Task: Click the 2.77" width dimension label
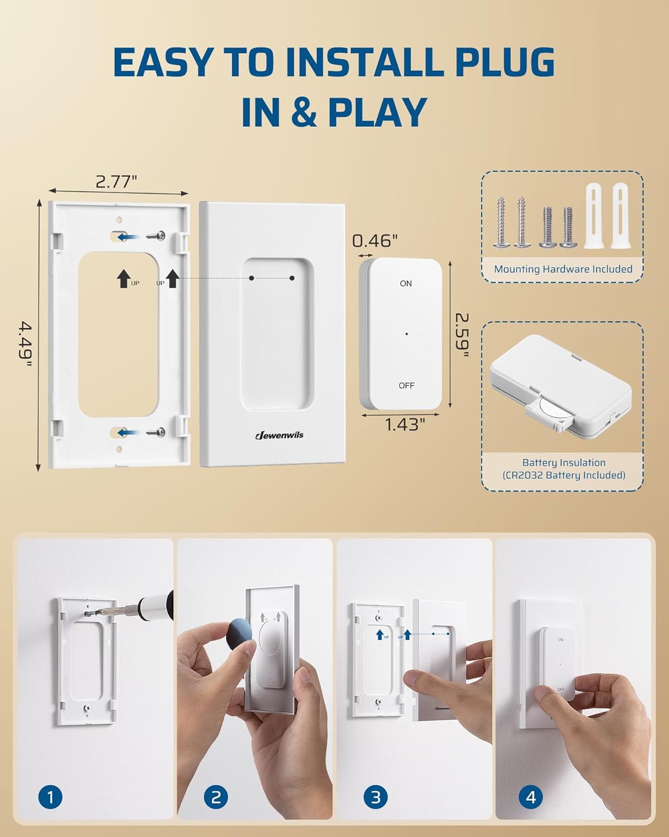[x=116, y=182]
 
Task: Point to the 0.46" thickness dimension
[x=375, y=240]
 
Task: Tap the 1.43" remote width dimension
[x=405, y=425]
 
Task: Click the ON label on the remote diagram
[x=406, y=283]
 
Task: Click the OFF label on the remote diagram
[x=406, y=386]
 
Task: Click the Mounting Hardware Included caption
[x=563, y=269]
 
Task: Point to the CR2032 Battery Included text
[x=563, y=475]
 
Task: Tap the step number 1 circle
[x=51, y=797]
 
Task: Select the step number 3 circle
[x=375, y=797]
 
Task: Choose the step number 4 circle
[x=530, y=797]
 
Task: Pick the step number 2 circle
[x=216, y=797]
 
